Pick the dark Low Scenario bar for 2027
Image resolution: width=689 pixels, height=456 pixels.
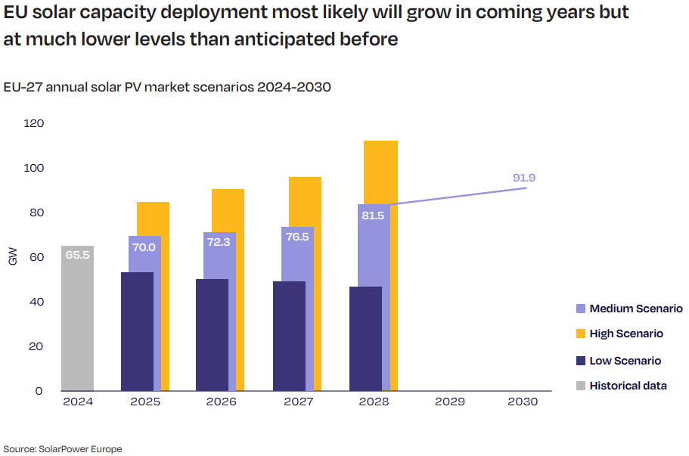(x=289, y=336)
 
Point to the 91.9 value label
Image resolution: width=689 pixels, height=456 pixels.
(x=523, y=178)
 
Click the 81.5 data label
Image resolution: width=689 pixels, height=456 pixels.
(x=373, y=216)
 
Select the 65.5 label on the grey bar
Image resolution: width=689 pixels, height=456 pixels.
(x=77, y=255)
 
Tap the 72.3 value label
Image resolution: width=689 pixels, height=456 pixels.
(x=219, y=244)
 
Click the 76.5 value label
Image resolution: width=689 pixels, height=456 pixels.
(x=296, y=237)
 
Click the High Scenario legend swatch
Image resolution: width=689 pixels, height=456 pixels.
(x=580, y=334)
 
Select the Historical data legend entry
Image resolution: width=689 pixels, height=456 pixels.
(x=628, y=386)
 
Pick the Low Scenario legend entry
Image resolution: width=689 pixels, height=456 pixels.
(x=625, y=361)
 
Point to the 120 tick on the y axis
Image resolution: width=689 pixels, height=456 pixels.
(x=34, y=123)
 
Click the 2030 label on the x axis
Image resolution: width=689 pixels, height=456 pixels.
(x=523, y=402)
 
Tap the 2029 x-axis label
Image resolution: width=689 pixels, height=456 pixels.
(x=450, y=402)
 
